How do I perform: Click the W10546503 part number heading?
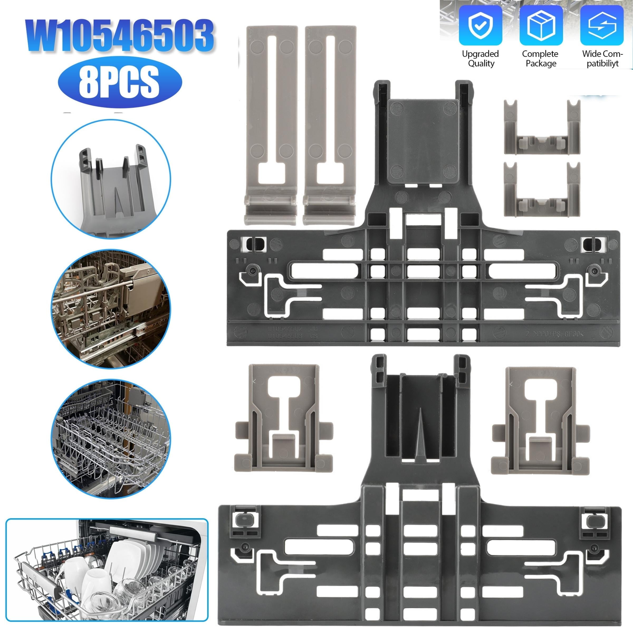pyautogui.click(x=119, y=35)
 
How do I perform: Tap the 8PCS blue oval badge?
pyautogui.click(x=119, y=81)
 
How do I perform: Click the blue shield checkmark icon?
pyautogui.click(x=480, y=25)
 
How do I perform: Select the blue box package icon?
pyautogui.click(x=541, y=25)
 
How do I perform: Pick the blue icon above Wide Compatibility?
pyautogui.click(x=602, y=25)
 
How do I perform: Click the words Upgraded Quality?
pyautogui.click(x=481, y=59)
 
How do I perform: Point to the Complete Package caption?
pyautogui.click(x=541, y=59)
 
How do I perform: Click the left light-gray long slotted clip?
pyautogui.click(x=271, y=124)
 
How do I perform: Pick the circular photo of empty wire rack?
pyautogui.click(x=111, y=439)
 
